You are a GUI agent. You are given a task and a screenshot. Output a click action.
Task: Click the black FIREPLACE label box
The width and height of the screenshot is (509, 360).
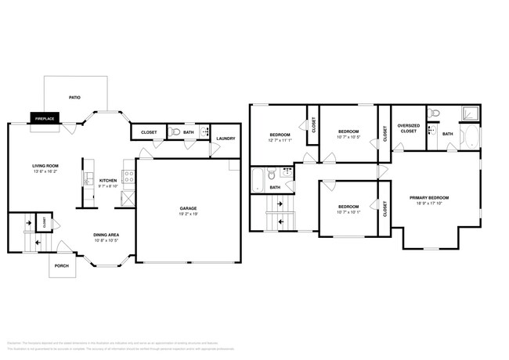coord(44,118)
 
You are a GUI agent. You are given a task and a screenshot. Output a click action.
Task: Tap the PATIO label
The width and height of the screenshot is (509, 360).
coord(75,98)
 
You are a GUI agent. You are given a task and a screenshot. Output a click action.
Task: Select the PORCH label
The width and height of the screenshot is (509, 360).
coord(61,265)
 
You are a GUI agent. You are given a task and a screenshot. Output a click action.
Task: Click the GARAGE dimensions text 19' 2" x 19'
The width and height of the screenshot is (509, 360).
coord(188,214)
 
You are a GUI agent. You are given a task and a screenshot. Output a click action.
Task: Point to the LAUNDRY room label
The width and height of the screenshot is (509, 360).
coord(226,139)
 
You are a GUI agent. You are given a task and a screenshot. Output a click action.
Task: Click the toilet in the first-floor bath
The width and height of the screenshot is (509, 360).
coord(175,132)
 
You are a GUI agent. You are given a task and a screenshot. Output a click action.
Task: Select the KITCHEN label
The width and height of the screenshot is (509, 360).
coord(108,180)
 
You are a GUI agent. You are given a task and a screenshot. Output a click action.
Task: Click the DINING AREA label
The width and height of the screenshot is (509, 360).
coord(106,235)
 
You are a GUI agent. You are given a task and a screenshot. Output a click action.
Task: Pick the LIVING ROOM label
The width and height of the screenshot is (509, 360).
coord(46,166)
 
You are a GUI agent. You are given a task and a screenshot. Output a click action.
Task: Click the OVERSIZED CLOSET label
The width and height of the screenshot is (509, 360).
coord(408,128)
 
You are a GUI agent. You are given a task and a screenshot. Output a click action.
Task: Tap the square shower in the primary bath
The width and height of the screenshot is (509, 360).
coord(471,114)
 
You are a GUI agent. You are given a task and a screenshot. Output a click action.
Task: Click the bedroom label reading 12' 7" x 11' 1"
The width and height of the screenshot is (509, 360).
coord(280,139)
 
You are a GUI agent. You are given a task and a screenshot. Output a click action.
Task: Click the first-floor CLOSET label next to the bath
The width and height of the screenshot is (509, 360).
coord(148,132)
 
